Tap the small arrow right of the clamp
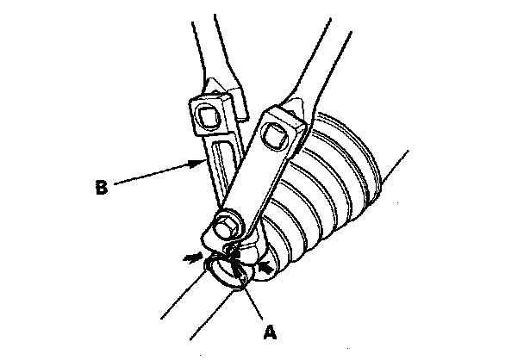click(268, 269)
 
